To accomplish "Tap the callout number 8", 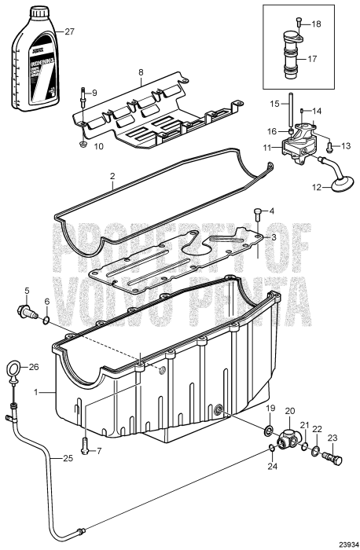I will tap(141, 72).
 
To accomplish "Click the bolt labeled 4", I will tap(259, 211).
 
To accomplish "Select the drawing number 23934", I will tap(342, 542).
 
